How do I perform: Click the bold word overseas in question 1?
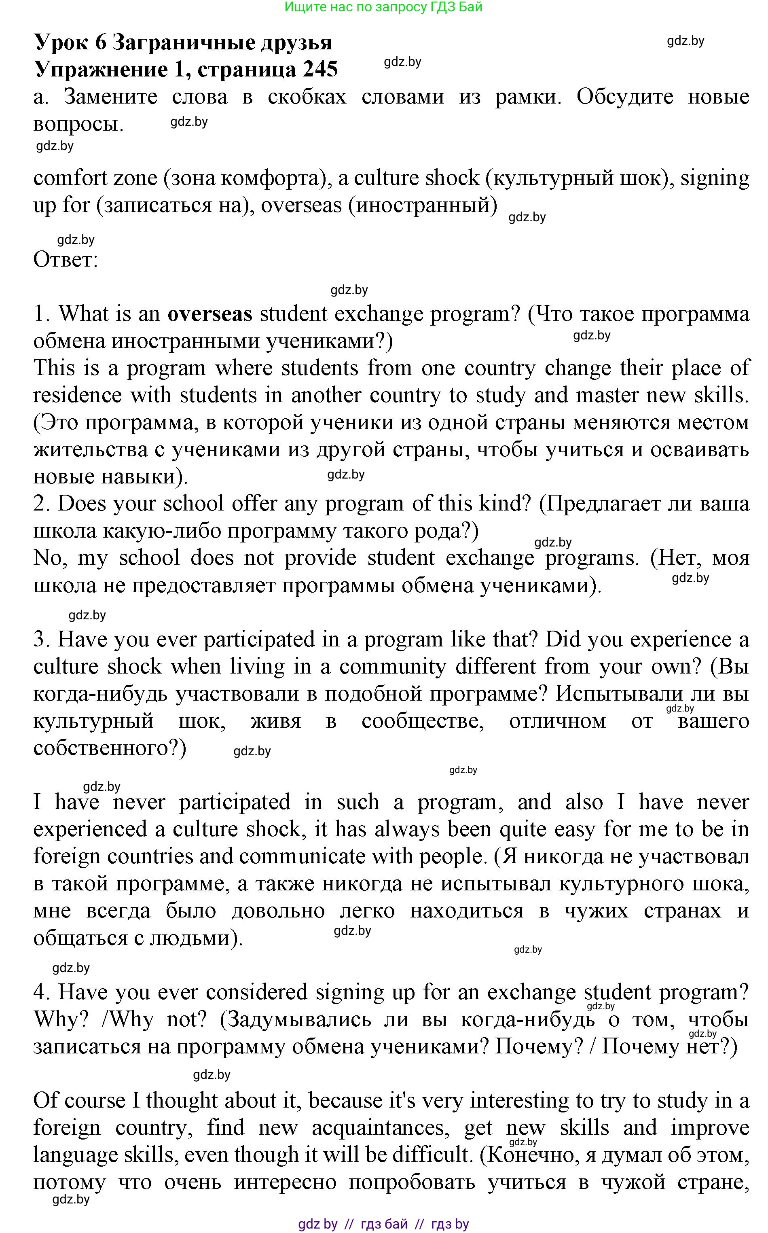[x=210, y=314]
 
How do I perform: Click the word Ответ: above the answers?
[x=66, y=260]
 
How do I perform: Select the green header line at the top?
[x=383, y=7]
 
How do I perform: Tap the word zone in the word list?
[x=135, y=178]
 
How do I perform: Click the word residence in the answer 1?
[x=77, y=395]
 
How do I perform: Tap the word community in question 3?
[x=392, y=667]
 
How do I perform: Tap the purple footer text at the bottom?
[x=383, y=1224]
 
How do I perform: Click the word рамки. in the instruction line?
[x=528, y=97]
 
